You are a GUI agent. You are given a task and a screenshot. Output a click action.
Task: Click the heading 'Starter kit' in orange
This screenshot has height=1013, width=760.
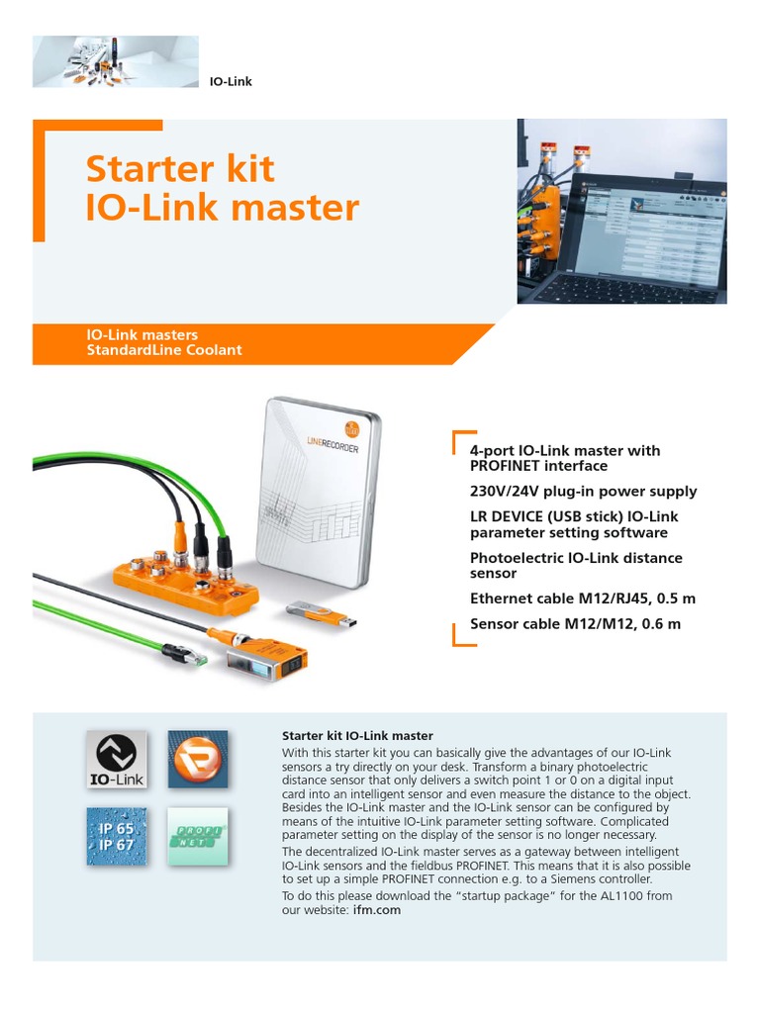coord(179,169)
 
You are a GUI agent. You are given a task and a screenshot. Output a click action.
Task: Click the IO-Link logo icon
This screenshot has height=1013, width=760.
coord(114,760)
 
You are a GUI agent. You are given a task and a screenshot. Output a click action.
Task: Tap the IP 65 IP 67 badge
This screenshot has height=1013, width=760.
coord(114,837)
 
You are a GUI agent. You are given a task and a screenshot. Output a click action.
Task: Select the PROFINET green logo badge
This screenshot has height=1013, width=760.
coord(197,837)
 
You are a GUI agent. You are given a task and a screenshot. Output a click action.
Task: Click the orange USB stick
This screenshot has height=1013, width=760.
coord(322,613)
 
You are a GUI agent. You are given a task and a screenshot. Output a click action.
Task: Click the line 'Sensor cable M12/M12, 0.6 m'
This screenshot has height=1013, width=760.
coord(575,624)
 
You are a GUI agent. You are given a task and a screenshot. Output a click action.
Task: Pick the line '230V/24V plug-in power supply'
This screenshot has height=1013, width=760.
coord(583,491)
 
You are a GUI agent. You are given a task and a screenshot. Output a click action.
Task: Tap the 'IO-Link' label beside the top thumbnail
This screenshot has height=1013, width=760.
coord(232,81)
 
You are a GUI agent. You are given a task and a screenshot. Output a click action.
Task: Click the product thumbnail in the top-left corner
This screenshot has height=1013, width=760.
coord(116,61)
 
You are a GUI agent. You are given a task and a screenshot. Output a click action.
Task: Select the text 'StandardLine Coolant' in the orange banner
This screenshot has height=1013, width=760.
coord(164,350)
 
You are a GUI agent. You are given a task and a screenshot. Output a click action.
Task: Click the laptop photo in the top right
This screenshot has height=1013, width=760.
coord(621,211)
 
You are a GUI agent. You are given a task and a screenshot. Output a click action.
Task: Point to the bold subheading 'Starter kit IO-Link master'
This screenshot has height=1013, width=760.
coord(358,736)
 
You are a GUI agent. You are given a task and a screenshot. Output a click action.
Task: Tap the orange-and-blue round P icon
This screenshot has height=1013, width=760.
coord(197,760)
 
